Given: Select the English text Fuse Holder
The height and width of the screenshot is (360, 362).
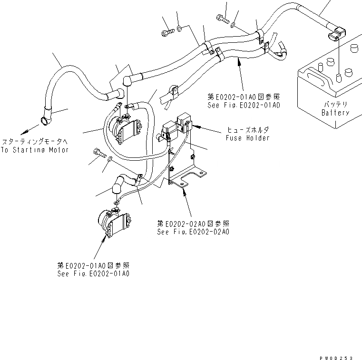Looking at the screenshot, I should [x=247, y=138].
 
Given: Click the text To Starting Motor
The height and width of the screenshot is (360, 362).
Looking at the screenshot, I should [x=35, y=150].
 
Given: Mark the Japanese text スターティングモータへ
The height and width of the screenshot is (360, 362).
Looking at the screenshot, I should [x=35, y=142].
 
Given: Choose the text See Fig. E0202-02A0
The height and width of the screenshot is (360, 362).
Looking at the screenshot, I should [x=193, y=232].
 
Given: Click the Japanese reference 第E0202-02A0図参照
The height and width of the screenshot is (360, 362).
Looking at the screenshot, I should [x=193, y=223].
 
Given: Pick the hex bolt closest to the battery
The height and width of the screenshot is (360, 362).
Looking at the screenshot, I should [x=223, y=19].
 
